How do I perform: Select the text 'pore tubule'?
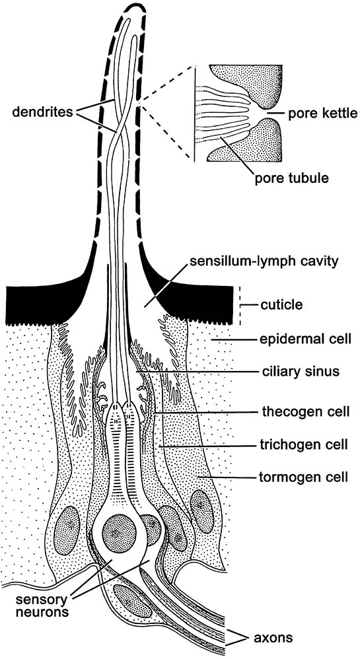(x=291, y=178)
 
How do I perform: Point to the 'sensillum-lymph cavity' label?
(x=264, y=261)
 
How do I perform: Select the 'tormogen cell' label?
(x=302, y=477)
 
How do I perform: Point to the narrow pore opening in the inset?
(x=263, y=113)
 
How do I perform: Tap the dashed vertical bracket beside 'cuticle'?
(x=239, y=305)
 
